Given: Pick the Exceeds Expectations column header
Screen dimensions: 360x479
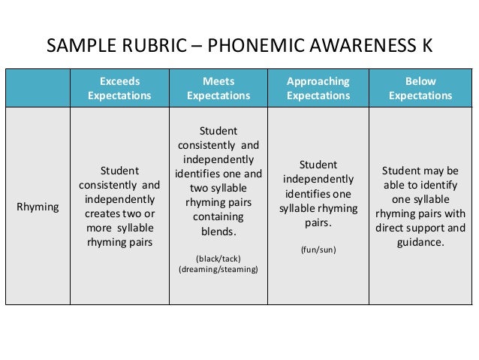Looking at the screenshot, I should [119, 88].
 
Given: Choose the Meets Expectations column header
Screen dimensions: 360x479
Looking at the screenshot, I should [218, 88].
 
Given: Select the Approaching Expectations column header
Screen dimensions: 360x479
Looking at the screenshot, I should [318, 88].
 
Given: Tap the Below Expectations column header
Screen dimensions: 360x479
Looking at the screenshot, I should [420, 88].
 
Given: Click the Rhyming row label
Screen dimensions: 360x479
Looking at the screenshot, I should [38, 207].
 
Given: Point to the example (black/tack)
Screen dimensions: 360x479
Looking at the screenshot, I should [218, 256].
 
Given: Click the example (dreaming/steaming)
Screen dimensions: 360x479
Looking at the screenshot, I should [218, 268].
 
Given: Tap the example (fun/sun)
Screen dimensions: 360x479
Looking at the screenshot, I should [318, 249].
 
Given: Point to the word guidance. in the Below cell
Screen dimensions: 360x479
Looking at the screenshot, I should [420, 243].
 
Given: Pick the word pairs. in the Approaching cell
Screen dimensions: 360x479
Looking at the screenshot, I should [318, 223].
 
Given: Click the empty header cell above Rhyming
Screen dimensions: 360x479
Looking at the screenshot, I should [38, 88].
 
